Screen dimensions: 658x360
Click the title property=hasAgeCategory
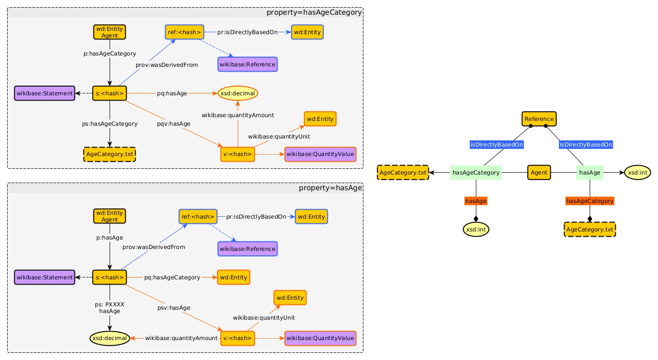314,12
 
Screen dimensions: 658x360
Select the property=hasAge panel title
330,188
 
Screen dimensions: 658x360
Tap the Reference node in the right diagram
539,119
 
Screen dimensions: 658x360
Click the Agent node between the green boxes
539,173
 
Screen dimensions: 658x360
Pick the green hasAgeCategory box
476,173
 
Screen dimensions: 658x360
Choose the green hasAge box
590,173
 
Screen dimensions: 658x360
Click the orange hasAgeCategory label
590,201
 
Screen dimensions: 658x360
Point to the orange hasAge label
476,201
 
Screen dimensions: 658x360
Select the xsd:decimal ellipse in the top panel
238,93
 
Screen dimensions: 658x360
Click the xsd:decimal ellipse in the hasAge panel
110,338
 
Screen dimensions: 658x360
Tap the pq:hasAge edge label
172,93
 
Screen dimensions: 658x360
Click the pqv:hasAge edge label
174,124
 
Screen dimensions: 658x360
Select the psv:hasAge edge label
174,308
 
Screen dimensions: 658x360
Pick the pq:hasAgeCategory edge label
172,277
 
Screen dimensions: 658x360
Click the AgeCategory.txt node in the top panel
110,154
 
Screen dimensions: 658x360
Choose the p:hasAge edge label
110,238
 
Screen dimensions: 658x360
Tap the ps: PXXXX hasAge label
110,308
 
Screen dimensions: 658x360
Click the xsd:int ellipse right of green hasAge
638,173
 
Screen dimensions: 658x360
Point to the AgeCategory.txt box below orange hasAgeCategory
590,230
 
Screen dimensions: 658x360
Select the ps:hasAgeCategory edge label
110,124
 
